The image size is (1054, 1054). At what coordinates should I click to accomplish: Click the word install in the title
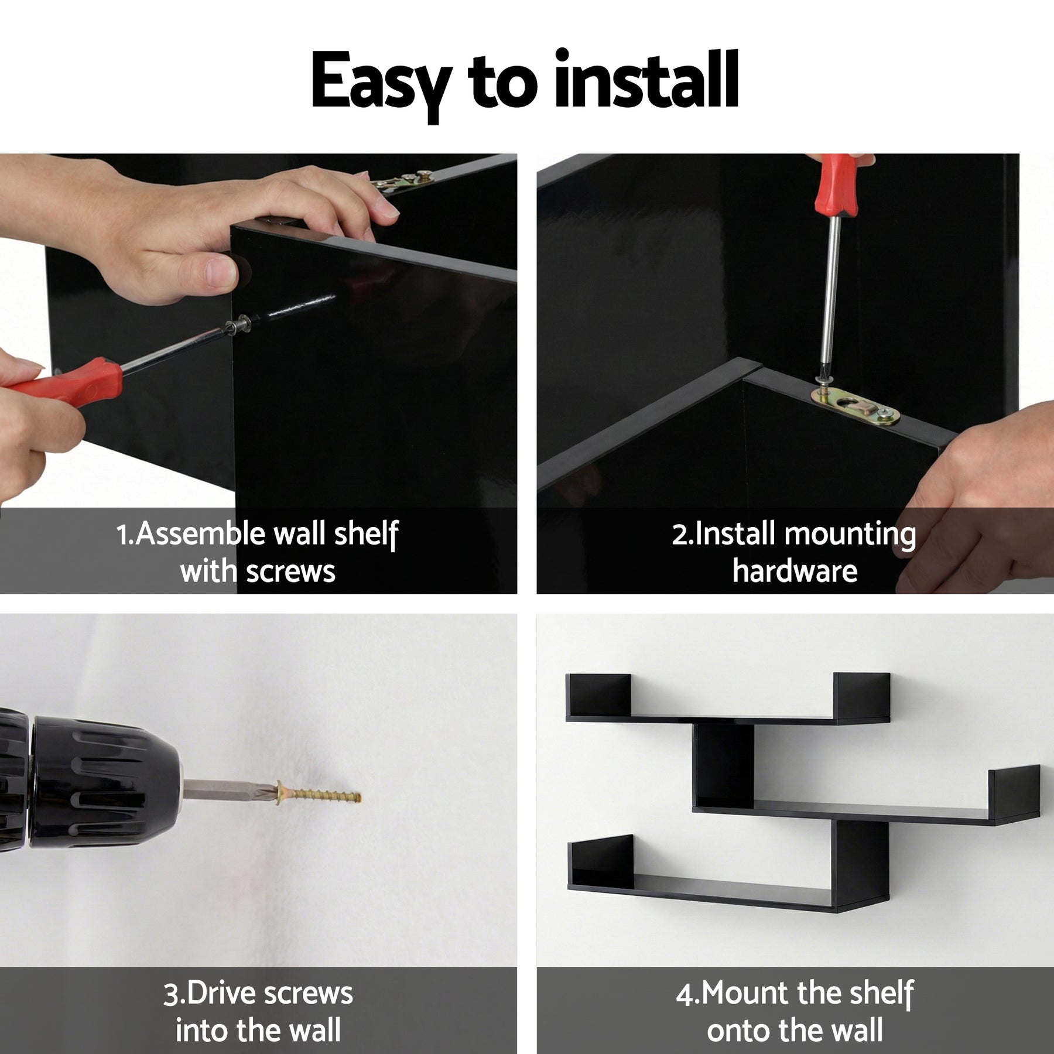(646, 78)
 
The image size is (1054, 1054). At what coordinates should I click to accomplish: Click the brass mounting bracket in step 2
(855, 405)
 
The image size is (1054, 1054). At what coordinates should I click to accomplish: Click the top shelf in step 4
(728, 699)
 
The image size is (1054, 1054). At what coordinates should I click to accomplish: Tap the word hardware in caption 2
(795, 571)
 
